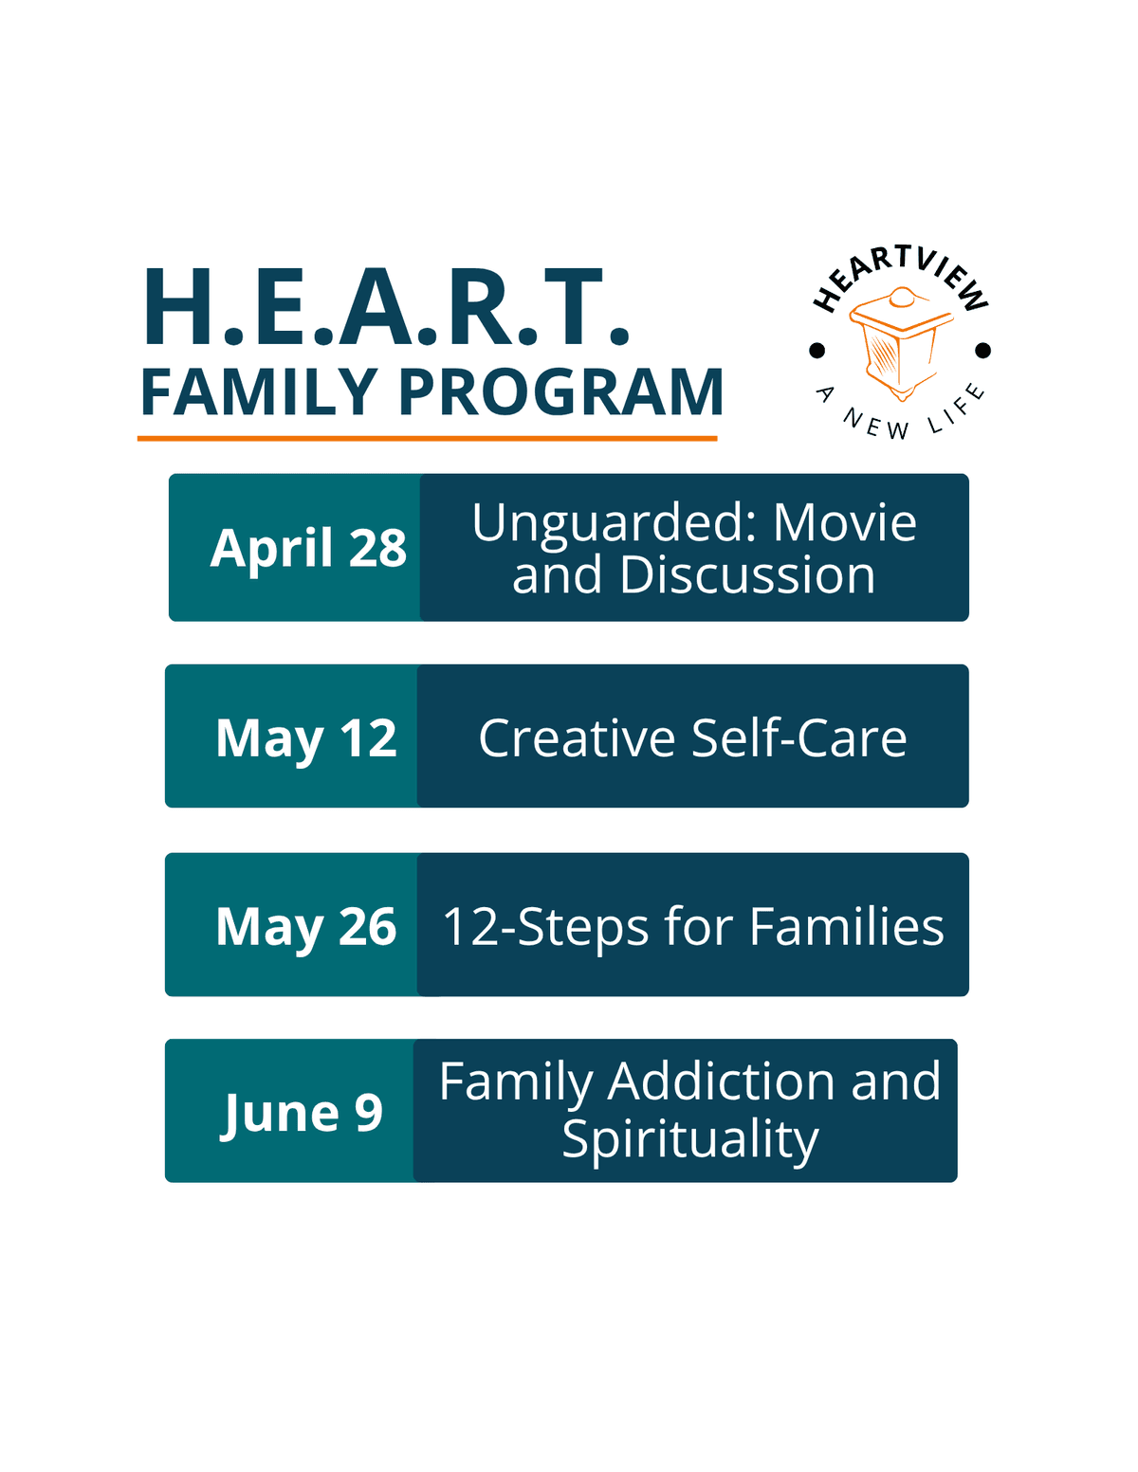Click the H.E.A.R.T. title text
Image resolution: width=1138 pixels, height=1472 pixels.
(x=387, y=307)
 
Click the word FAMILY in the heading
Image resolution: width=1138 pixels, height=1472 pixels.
(x=259, y=392)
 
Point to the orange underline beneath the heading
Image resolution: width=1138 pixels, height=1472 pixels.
(x=427, y=438)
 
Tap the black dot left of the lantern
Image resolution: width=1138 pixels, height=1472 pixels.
(x=817, y=350)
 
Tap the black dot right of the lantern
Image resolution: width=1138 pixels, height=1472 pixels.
(x=982, y=350)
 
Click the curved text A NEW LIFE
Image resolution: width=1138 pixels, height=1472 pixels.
(x=900, y=413)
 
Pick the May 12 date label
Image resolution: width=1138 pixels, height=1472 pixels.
(x=306, y=739)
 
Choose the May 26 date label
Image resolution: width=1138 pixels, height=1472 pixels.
(x=306, y=927)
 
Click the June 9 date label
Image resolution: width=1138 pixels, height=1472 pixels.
(x=303, y=1114)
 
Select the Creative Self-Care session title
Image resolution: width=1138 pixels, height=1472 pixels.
(x=692, y=737)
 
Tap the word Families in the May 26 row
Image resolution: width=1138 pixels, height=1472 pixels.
(x=847, y=926)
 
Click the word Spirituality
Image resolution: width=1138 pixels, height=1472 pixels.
(x=690, y=1140)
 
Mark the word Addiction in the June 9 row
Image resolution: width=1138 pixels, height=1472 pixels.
(x=722, y=1081)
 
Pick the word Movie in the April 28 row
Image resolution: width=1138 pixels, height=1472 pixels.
(x=845, y=523)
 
